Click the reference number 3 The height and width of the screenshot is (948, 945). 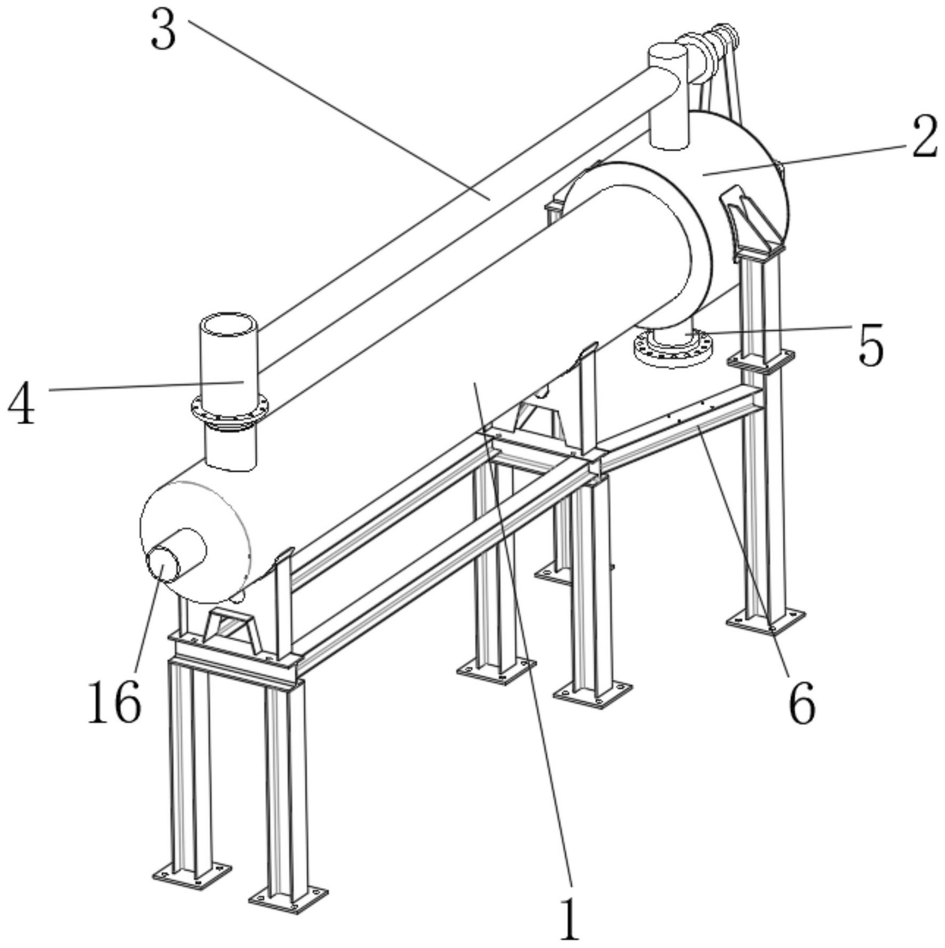(163, 31)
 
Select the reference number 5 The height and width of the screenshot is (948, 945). (871, 345)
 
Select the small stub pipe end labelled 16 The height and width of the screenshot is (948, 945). (164, 565)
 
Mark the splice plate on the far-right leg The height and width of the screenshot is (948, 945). (760, 360)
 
